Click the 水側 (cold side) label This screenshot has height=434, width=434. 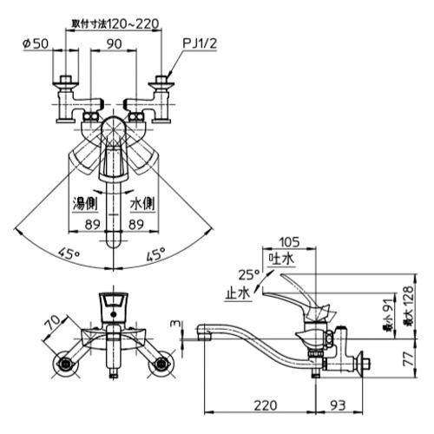tap(142, 204)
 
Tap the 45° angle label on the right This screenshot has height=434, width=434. tap(156, 254)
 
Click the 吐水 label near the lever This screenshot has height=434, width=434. tap(283, 259)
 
